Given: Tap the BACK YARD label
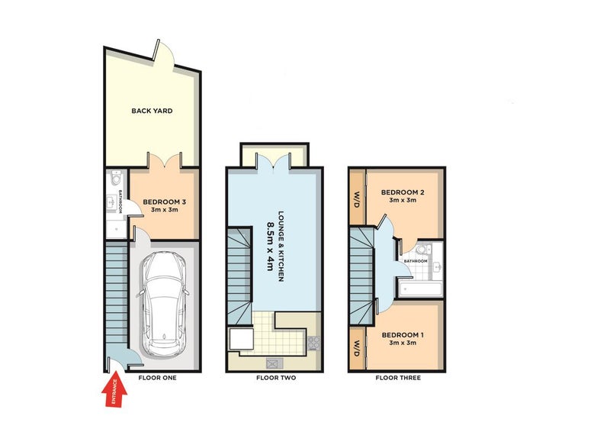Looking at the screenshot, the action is coord(152,111).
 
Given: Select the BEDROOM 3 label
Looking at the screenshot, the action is coord(164,201).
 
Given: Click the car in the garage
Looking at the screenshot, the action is coord(165,305).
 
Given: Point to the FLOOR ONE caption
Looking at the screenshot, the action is coord(158,378).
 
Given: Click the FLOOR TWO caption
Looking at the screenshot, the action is coord(276,378).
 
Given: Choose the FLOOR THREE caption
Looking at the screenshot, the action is coord(398,378).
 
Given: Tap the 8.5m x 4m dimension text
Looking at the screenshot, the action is coord(270,247).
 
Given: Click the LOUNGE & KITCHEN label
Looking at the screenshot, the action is coord(281,247).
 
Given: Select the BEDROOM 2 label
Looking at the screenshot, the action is coord(403,192).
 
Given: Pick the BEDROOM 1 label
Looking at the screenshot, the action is coord(403,335).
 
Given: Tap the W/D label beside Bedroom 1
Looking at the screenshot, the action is coord(357,349).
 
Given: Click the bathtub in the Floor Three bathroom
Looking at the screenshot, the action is coord(420,289).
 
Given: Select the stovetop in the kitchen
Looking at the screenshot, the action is coord(314,343).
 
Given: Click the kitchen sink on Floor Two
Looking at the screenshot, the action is coord(274,363).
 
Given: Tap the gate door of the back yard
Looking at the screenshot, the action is coord(157,50).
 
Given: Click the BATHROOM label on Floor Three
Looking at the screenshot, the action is coord(416,261).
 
